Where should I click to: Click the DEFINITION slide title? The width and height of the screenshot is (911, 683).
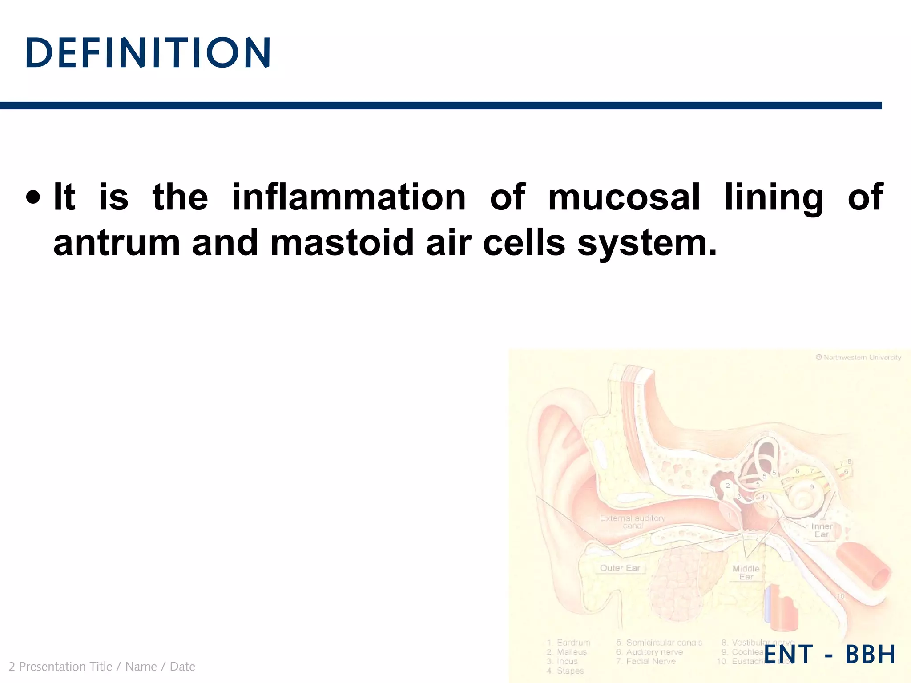[148, 53]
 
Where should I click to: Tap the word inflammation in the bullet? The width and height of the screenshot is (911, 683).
[349, 197]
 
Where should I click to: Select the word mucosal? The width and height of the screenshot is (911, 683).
[624, 197]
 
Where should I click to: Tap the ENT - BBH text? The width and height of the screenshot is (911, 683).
[829, 655]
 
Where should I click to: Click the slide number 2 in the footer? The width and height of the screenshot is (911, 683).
[12, 667]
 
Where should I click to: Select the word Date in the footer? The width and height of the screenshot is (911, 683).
[182, 667]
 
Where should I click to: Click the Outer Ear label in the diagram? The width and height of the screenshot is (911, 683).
[620, 568]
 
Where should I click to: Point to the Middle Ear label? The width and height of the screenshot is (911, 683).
[746, 572]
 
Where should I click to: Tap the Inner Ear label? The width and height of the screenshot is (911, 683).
[822, 530]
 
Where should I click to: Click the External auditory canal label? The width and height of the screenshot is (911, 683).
[633, 522]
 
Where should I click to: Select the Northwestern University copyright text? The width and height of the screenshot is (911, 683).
[858, 357]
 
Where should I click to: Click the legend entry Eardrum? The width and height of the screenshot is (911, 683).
[573, 643]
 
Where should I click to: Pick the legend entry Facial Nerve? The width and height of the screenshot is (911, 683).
[650, 661]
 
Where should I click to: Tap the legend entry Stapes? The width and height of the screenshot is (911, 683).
[570, 671]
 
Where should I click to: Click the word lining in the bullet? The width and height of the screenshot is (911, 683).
[774, 197]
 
